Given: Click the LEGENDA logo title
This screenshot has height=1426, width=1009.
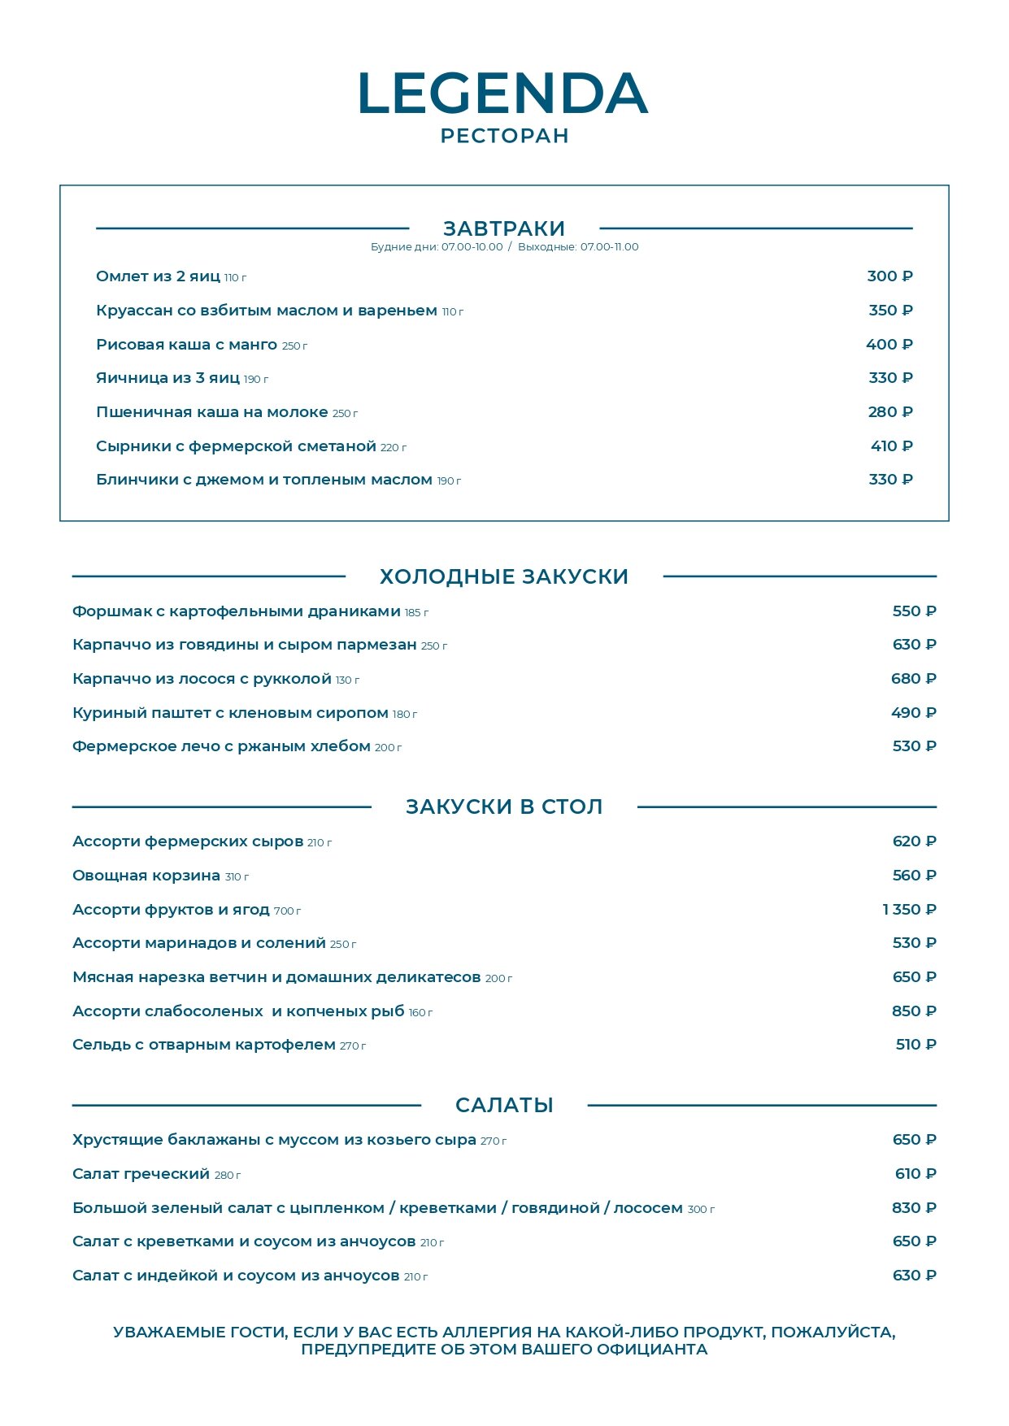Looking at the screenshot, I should point(503,93).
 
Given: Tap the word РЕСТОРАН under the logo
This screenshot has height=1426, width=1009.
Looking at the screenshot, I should point(504,136).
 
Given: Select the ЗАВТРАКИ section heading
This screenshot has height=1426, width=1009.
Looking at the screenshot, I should point(504,228).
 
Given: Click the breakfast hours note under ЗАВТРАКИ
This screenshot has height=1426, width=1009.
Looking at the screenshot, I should point(504,247).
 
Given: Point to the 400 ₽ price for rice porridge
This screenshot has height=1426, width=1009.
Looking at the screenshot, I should point(889,345).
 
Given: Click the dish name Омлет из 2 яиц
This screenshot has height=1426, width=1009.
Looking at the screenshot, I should point(158,276).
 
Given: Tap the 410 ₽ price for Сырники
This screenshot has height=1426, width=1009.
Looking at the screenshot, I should point(891,446).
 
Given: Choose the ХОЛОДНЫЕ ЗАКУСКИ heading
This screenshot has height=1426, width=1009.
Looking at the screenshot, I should point(504,576).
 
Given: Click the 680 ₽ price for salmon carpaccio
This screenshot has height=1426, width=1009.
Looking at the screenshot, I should point(913,679).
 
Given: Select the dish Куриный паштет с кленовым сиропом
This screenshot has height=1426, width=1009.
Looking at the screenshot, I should point(230,713).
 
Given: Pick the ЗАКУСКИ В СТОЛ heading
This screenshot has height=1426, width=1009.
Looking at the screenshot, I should point(504,806).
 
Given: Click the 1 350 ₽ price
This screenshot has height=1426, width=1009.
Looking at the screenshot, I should point(909,910).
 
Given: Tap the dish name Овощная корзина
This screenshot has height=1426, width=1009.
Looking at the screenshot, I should point(146,876).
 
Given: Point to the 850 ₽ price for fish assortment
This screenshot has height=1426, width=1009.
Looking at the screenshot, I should point(914,1011).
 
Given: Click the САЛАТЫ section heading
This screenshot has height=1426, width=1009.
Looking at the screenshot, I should point(504,1105).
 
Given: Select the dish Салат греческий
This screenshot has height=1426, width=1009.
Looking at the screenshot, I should point(141,1174).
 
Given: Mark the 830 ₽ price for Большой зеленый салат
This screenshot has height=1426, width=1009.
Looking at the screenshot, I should point(914,1208).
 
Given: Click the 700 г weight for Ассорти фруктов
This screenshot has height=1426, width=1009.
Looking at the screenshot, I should point(287,911).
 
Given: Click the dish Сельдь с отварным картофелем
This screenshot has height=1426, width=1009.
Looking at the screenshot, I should point(204,1045).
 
